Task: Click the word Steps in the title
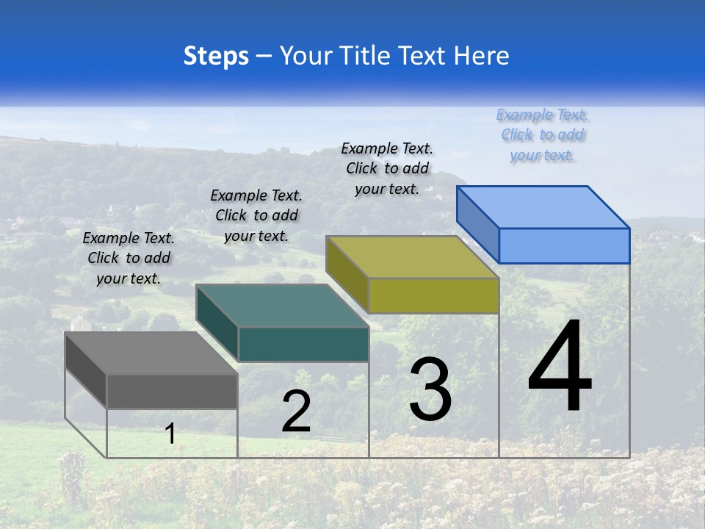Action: point(216,56)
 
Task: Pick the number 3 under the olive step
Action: point(430,389)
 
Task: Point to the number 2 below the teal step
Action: point(296,411)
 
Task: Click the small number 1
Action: point(170,433)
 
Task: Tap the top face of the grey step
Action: point(151,353)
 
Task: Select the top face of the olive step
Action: point(412,257)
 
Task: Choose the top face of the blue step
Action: point(543,207)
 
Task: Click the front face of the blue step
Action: point(564,245)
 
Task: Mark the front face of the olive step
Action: point(433,295)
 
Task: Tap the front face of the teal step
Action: point(303,344)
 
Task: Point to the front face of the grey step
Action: point(172,391)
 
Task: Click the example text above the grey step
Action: point(129,258)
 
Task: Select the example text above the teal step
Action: point(256,215)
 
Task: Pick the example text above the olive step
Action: point(387,168)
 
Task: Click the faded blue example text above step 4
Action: point(542,134)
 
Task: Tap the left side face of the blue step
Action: point(477,223)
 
